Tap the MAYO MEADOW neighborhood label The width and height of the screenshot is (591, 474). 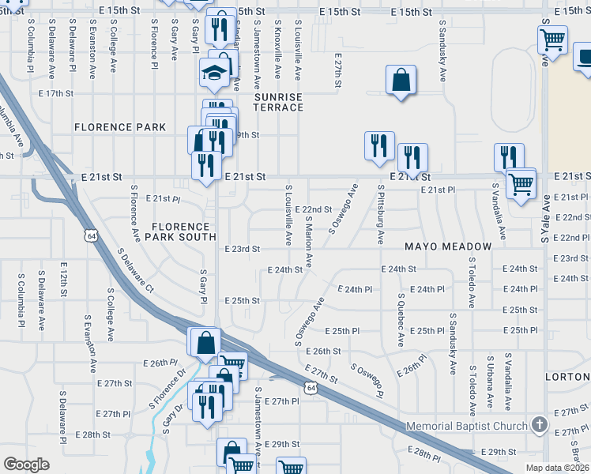pos(448,246)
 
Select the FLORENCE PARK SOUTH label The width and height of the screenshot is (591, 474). pos(183,231)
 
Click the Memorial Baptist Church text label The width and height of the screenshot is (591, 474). pos(466,427)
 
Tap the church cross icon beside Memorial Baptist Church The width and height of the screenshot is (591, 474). pos(540,425)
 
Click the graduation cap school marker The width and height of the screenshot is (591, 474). pos(213,73)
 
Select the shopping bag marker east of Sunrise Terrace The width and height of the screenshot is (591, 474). pos(401,80)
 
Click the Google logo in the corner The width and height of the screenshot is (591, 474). pos(26,464)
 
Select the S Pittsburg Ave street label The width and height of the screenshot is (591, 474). pos(381,215)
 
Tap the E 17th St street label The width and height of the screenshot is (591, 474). pos(56,93)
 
